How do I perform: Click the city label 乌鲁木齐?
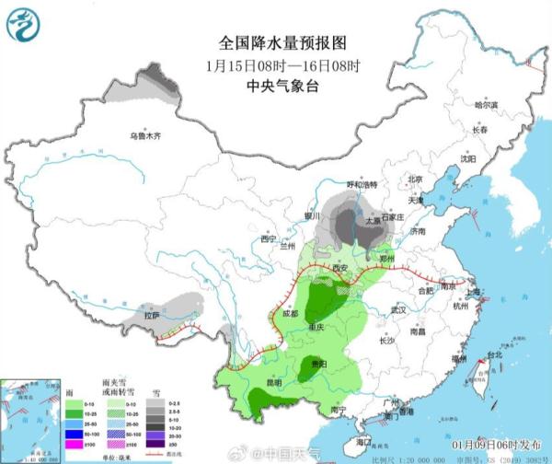click(144, 136)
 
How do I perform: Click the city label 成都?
click(291, 315)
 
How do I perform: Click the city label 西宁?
click(268, 239)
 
